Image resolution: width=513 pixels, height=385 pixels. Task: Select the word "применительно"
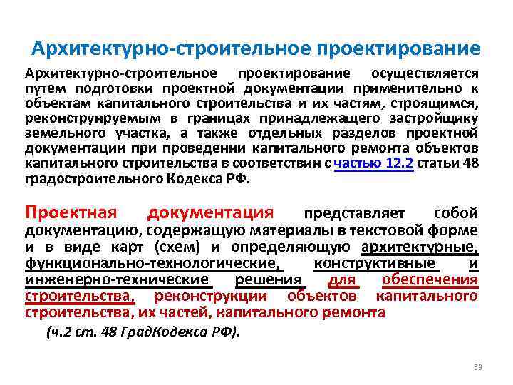tap(412, 89)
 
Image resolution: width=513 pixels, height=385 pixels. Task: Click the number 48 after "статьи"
tap(470, 164)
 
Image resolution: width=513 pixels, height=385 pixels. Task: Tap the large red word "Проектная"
tap(71, 212)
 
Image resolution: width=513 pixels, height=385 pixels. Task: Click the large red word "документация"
tap(209, 212)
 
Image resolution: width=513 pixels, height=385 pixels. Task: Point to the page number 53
tap(478, 367)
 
